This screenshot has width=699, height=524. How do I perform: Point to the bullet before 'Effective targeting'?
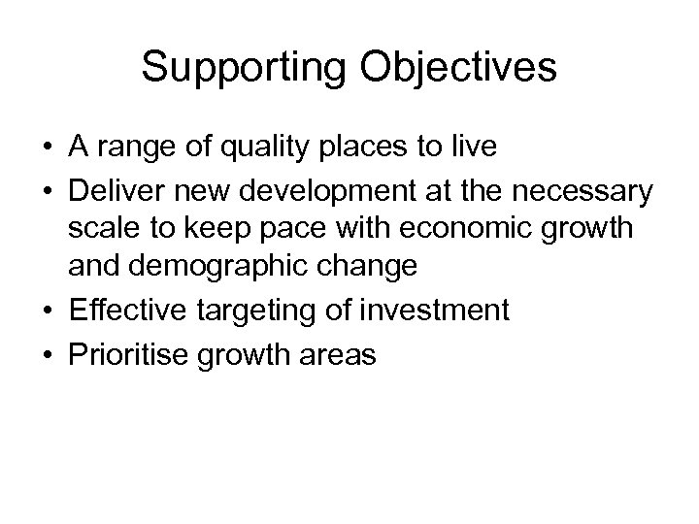click(47, 311)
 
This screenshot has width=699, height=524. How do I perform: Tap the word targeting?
click(261, 311)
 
